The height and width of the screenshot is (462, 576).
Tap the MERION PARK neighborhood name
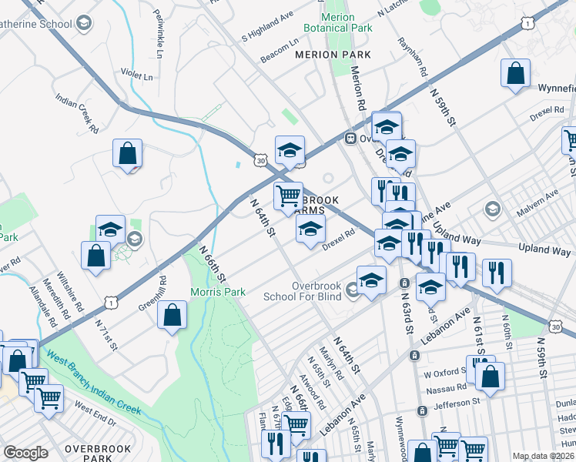coord(333,55)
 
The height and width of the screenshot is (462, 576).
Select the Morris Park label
coord(218,293)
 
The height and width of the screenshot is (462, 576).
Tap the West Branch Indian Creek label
coord(92,383)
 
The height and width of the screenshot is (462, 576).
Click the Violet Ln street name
coord(136,75)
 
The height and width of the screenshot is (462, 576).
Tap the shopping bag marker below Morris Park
coord(172,314)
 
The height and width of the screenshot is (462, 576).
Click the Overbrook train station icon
coord(350,139)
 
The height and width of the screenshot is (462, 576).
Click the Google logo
coord(26,452)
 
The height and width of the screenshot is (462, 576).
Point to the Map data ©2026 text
coord(542,456)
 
